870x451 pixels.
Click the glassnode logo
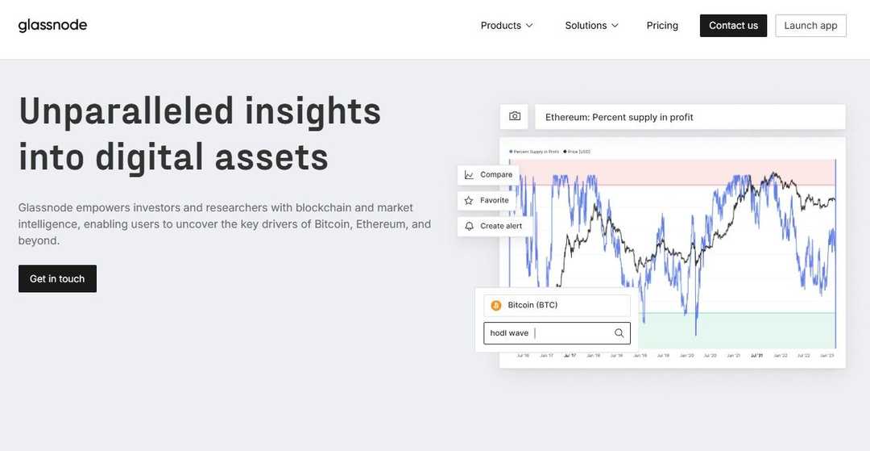52,25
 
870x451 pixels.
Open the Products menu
507,26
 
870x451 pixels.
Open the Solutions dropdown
591,26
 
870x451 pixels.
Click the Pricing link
662,26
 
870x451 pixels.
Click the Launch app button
810,26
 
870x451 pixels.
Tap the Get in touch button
57,279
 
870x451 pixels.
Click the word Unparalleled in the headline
126,111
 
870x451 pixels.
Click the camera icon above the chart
515,117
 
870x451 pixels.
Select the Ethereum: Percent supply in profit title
619,117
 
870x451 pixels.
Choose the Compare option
495,174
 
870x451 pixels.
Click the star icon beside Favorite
469,200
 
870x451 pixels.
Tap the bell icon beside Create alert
469,226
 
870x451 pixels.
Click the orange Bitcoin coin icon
496,306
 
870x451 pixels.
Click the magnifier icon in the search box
619,333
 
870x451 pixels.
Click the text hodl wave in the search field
509,333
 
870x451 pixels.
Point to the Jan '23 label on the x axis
826,355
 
